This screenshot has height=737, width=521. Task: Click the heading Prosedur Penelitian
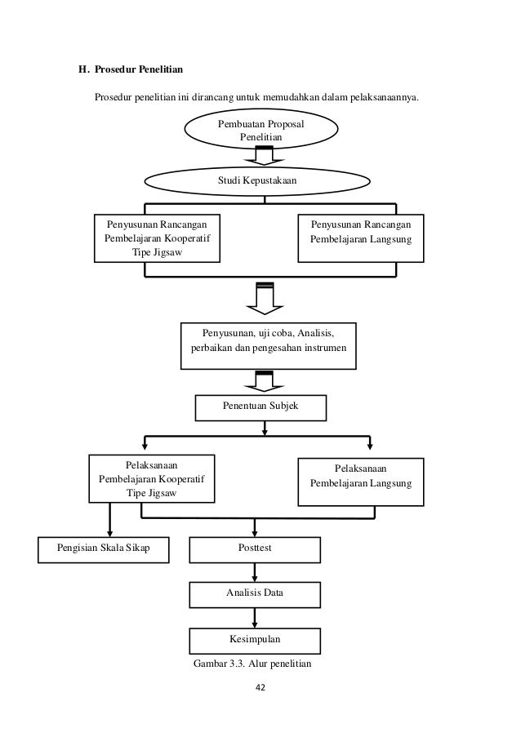click(139, 69)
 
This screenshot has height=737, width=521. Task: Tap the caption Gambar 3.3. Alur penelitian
click(252, 664)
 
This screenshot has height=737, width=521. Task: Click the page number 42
click(260, 687)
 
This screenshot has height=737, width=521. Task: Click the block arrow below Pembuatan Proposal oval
click(264, 156)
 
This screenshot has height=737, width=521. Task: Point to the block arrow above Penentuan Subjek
click(265, 381)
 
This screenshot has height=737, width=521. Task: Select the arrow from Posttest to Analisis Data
click(255, 572)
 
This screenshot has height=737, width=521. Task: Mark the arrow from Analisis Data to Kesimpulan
click(255, 618)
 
